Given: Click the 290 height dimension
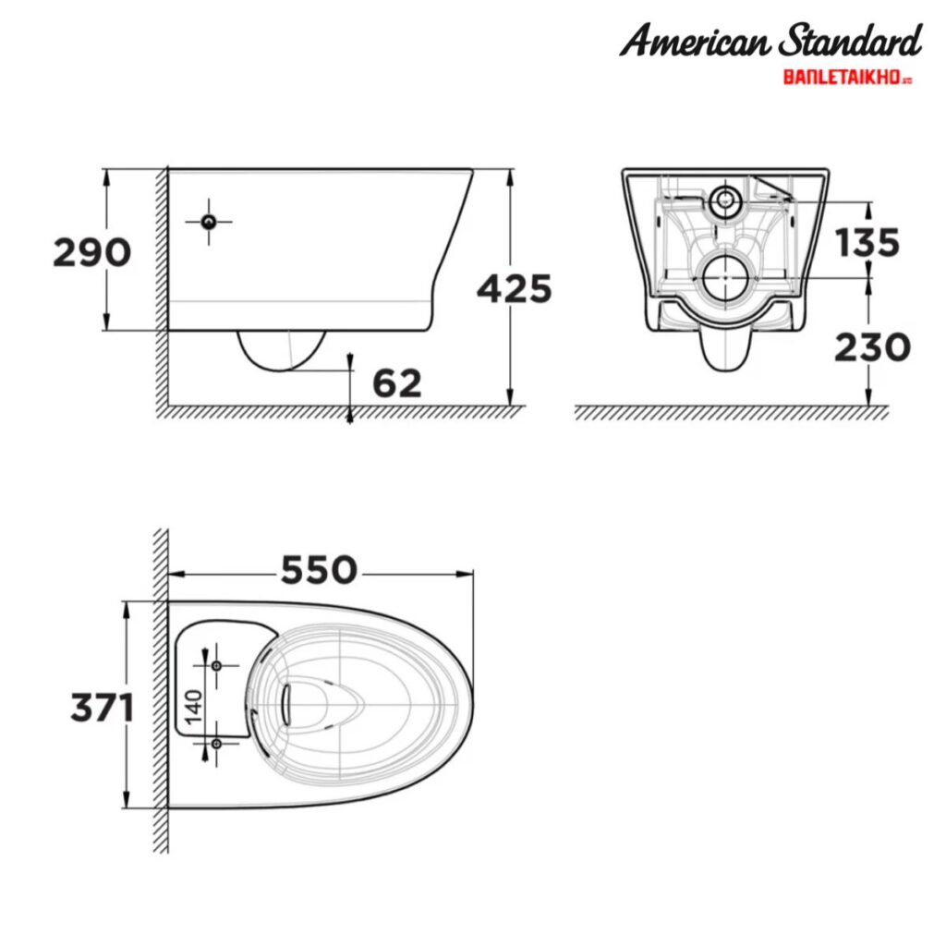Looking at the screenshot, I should click(91, 251).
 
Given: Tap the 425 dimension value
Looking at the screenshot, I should click(514, 289).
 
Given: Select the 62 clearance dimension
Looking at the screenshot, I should click(396, 382).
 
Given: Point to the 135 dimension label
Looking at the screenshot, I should click(867, 242).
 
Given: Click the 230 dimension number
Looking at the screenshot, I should click(871, 347).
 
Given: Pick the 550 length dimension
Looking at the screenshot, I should click(318, 570).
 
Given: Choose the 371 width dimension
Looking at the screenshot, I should click(103, 708).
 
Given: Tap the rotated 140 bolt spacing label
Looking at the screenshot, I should click(193, 704).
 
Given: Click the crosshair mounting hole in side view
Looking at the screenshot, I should click(209, 221).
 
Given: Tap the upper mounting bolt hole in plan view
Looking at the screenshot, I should click(216, 665).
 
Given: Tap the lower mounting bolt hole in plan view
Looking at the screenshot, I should click(216, 744).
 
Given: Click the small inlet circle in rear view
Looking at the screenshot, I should click(726, 199).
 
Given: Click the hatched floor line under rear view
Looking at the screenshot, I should click(730, 413).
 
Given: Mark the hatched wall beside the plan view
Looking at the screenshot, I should click(161, 693).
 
